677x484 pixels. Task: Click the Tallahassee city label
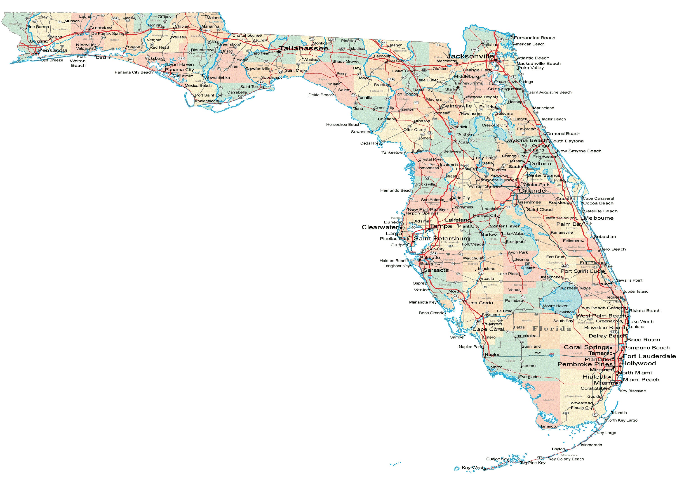pos(304,48)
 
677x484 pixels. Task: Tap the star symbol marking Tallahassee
pos(279,52)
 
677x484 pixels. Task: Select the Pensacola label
pos(53,50)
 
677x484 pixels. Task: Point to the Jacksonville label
pos(470,56)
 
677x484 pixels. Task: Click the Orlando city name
pos(532,191)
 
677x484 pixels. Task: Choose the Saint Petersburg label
pos(442,238)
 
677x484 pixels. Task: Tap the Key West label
pos(472,468)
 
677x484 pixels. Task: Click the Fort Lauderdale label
pos(649,356)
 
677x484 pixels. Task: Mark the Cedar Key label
pos(370,143)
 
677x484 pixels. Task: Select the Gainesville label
pos(456,106)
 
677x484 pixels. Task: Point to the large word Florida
pos(552,329)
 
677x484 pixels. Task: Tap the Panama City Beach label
pos(134,72)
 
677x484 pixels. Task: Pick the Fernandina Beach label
pos(534,38)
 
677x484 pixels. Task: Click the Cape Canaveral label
pos(598,198)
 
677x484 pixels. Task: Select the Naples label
pos(492,355)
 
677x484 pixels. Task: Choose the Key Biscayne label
pos(633,391)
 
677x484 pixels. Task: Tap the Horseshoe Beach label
pos(343,125)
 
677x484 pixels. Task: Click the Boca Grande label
pos(431,313)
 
